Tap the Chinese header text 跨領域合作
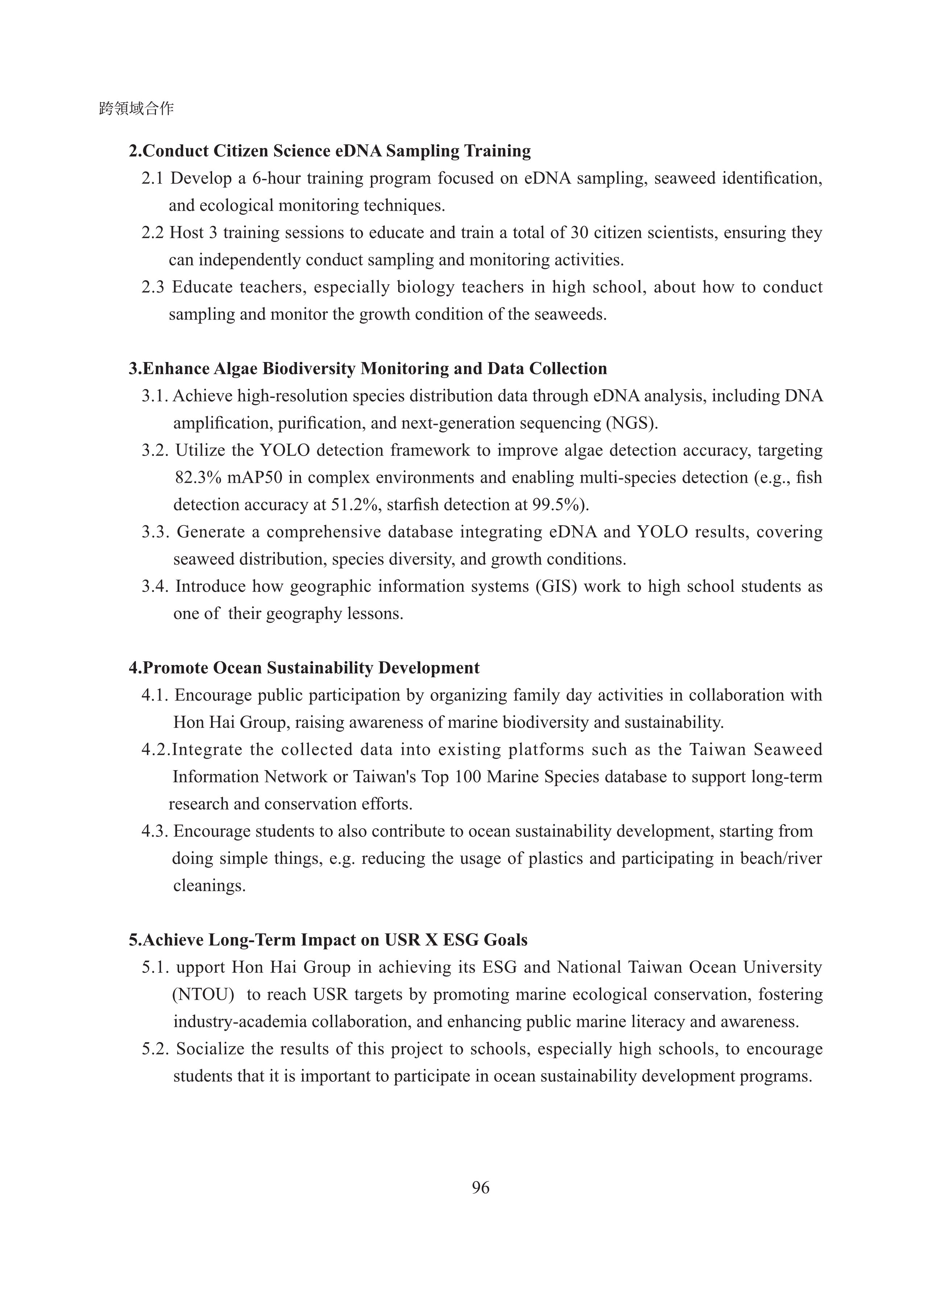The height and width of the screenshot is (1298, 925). (136, 108)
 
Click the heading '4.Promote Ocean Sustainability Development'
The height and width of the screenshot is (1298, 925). (304, 668)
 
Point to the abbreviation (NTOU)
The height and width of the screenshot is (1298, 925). (203, 994)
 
